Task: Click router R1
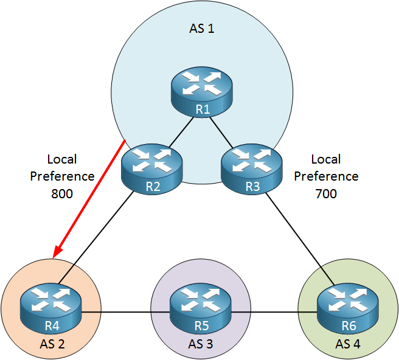pyautogui.click(x=201, y=92)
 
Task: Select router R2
pyautogui.click(x=152, y=169)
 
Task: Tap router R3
pyautogui.click(x=252, y=169)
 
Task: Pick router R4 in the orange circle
pyautogui.click(x=51, y=308)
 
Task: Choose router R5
pyautogui.click(x=201, y=308)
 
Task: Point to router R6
pyautogui.click(x=348, y=308)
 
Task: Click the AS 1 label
pyautogui.click(x=202, y=28)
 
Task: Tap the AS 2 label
pyautogui.click(x=52, y=344)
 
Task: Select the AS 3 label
pyautogui.click(x=201, y=344)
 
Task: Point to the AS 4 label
pyautogui.click(x=348, y=344)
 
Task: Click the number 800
pyautogui.click(x=62, y=193)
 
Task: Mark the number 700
pyautogui.click(x=326, y=193)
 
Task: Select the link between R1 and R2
pyautogui.click(x=182, y=132)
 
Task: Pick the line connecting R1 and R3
pyautogui.click(x=221, y=133)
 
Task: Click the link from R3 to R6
pyautogui.click(x=300, y=239)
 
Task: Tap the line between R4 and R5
pyautogui.click(x=125, y=312)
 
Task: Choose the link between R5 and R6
pyautogui.click(x=274, y=312)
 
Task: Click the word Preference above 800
pyautogui.click(x=62, y=176)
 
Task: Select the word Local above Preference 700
pyautogui.click(x=326, y=159)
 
